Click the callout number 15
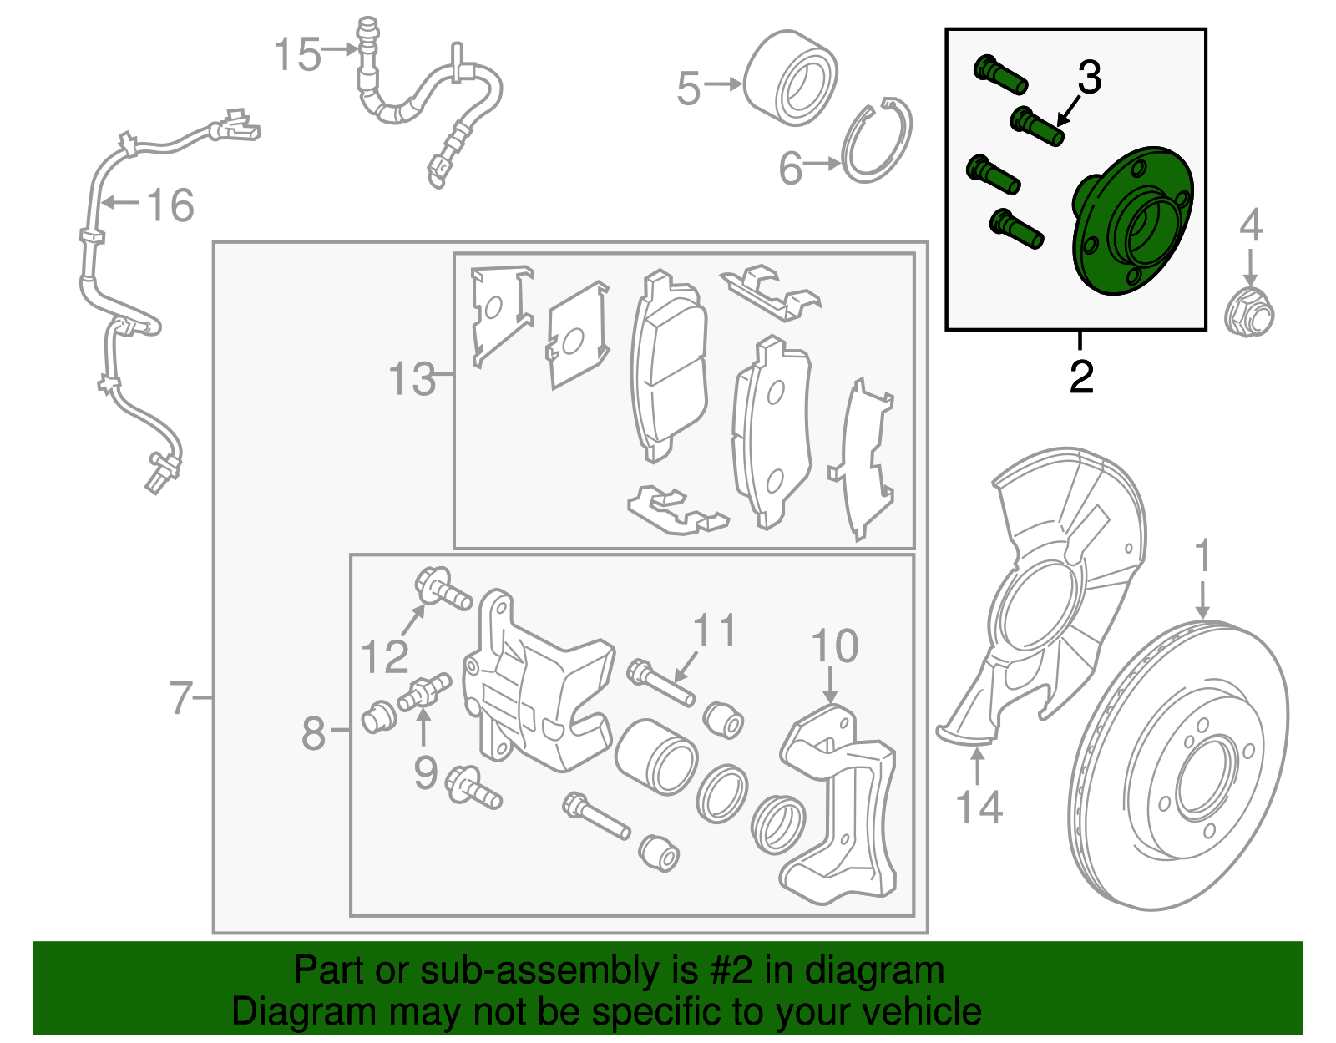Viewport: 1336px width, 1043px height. [297, 55]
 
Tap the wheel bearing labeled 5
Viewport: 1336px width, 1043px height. [790, 78]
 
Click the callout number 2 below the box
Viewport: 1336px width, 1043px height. [1081, 377]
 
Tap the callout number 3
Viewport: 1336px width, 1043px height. [1089, 78]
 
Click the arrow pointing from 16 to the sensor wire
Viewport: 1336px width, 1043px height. [117, 202]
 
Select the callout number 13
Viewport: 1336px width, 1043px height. [412, 379]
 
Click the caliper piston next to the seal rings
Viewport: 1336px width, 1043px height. [656, 756]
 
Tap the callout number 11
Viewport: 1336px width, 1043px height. [715, 631]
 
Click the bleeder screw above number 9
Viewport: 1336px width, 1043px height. [425, 692]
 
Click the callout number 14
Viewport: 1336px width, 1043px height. [979, 808]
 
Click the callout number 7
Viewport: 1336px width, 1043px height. [181, 697]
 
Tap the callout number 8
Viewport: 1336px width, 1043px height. [313, 733]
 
